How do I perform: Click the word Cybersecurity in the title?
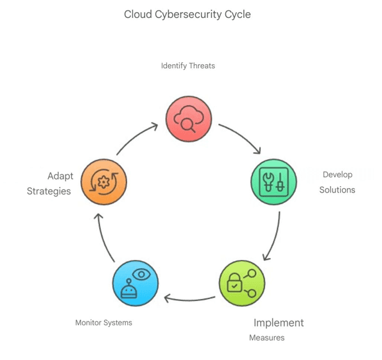(188, 15)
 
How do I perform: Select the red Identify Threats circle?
(189, 119)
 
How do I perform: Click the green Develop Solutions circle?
(274, 182)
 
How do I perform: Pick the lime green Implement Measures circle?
(242, 283)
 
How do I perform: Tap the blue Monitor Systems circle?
(135, 283)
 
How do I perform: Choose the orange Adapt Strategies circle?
(104, 182)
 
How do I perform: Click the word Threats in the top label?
(202, 65)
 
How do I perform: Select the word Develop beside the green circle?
(338, 175)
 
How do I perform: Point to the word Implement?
(279, 323)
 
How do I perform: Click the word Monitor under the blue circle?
(89, 323)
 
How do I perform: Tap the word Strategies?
(49, 191)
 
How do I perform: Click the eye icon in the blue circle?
(141, 275)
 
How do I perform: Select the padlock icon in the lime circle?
(234, 282)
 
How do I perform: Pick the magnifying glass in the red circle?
(188, 125)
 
